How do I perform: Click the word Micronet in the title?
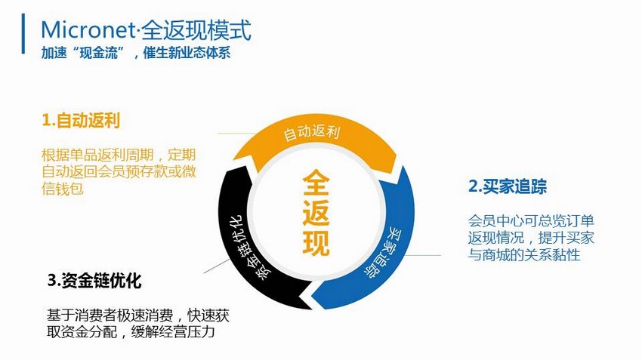tap(88, 30)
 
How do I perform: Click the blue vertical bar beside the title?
tap(23, 33)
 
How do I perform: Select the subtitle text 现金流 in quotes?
tap(98, 53)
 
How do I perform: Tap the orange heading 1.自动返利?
tap(81, 121)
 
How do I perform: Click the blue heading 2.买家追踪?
tap(508, 186)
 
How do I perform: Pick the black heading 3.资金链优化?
tap(94, 281)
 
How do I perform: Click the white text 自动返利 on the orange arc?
tap(312, 133)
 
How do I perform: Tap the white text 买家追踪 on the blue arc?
tap(378, 252)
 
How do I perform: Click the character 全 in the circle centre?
tap(316, 183)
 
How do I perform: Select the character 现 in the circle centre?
tap(316, 242)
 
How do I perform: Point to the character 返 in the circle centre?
tap(316, 212)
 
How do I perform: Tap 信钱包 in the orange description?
tap(63, 189)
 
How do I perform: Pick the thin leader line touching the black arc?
tap(217, 266)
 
